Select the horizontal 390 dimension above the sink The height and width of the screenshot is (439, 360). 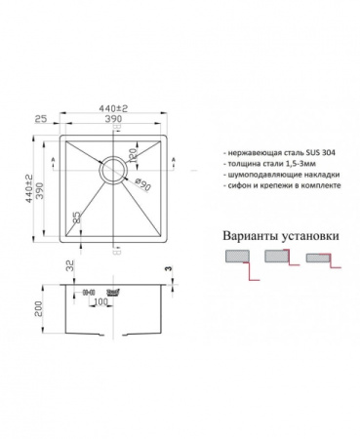point(115,122)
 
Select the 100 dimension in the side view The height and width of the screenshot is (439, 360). point(100,301)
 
